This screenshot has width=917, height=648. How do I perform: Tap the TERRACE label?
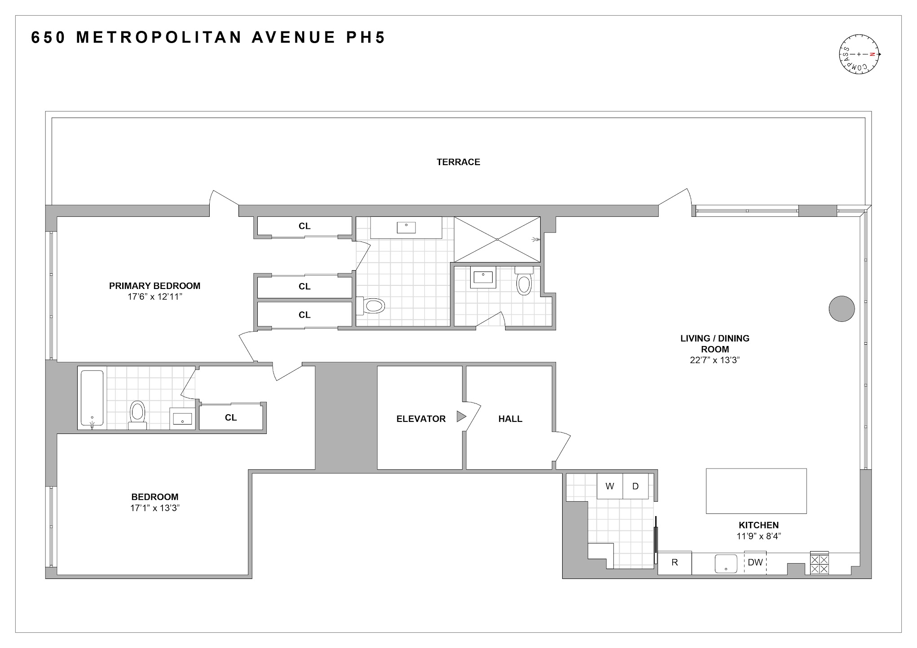pyautogui.click(x=458, y=162)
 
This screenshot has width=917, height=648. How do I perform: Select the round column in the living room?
pyautogui.click(x=841, y=309)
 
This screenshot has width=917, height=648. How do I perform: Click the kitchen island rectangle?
pyautogui.click(x=756, y=491)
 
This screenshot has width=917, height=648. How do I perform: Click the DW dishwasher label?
pyautogui.click(x=755, y=562)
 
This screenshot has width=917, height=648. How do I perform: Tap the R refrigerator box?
pyautogui.click(x=675, y=563)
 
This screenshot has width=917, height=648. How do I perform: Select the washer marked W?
pyautogui.click(x=609, y=486)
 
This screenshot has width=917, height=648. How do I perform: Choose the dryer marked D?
pyautogui.click(x=635, y=486)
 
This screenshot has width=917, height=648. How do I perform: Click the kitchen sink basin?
pyautogui.click(x=726, y=564)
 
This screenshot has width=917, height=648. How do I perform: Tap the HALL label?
pyautogui.click(x=510, y=419)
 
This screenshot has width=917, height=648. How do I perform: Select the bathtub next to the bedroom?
pyautogui.click(x=92, y=398)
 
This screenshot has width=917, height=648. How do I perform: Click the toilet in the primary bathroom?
pyautogui.click(x=372, y=306)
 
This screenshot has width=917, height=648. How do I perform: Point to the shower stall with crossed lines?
pyautogui.click(x=497, y=239)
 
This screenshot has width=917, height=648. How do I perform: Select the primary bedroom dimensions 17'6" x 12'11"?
pyautogui.click(x=154, y=297)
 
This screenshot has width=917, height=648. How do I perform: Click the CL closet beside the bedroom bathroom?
pyautogui.click(x=231, y=417)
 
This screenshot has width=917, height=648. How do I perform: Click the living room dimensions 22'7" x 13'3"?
pyautogui.click(x=714, y=360)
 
